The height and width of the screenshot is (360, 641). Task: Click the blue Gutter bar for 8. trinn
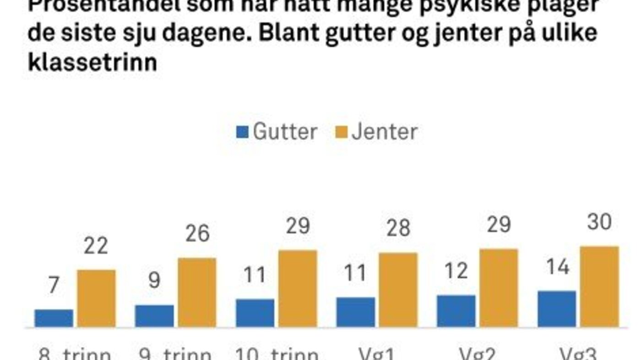[x=54, y=318]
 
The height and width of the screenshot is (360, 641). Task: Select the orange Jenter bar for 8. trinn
[x=96, y=298]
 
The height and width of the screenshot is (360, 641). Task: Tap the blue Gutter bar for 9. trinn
[x=154, y=316]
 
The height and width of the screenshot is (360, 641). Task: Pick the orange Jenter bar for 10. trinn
[x=298, y=289]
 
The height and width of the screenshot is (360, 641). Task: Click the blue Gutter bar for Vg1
[x=356, y=312]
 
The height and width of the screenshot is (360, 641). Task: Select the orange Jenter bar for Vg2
[x=499, y=288]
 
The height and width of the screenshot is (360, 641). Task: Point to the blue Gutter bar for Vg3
[x=557, y=309]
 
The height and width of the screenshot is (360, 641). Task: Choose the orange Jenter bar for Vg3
[x=599, y=287]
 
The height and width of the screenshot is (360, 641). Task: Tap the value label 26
[x=197, y=234]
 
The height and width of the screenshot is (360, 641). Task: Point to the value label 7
[x=54, y=286]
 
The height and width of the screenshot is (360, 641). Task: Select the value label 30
[x=599, y=223]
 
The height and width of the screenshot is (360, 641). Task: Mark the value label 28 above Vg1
[x=398, y=228]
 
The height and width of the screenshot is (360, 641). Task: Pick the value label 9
[x=155, y=281]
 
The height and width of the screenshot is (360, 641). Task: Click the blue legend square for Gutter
[x=242, y=133]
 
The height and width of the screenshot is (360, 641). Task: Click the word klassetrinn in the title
[x=92, y=62]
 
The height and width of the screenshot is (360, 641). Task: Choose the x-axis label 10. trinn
[x=277, y=355]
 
